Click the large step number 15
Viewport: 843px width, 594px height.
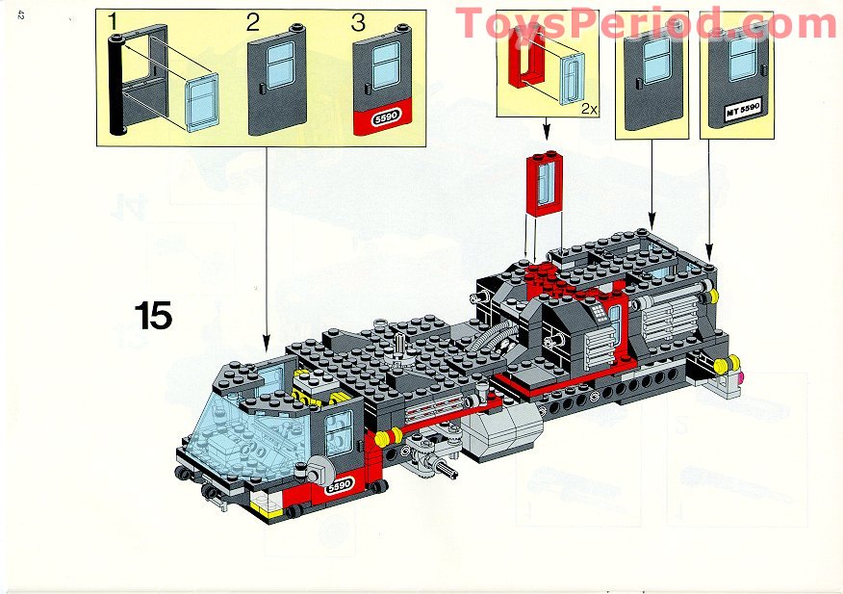(153, 315)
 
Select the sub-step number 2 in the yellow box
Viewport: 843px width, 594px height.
(253, 22)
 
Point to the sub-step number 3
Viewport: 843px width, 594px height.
(359, 22)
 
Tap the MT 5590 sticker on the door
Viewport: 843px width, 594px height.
(738, 114)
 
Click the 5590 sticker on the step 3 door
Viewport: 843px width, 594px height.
(385, 118)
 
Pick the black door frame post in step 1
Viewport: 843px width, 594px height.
(118, 87)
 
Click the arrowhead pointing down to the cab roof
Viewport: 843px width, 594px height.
(267, 345)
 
